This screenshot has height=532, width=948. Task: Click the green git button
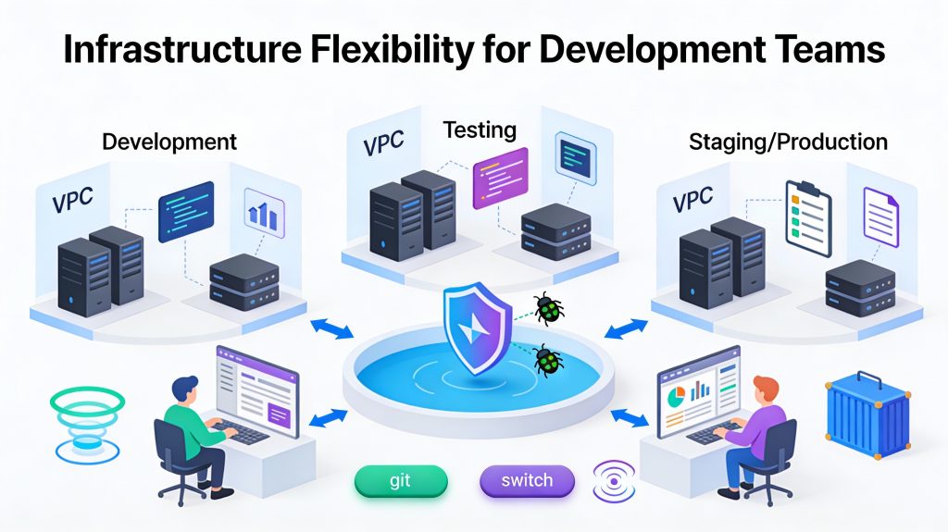tap(401, 481)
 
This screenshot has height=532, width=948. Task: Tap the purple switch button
tap(527, 481)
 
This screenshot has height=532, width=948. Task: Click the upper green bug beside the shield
tap(548, 309)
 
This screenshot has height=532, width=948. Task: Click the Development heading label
tap(169, 142)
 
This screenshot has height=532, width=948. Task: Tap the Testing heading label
tap(480, 130)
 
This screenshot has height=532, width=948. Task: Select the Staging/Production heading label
tap(788, 142)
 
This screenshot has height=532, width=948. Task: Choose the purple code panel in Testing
tap(500, 176)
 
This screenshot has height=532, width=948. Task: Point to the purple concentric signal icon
tap(615, 481)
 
